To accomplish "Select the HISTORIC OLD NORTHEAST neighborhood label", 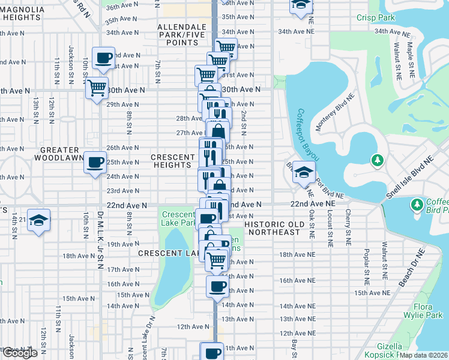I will (272, 227).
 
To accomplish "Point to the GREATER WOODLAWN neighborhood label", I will (60, 154).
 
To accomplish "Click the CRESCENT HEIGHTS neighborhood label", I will (174, 161).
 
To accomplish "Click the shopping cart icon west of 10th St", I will (96, 88).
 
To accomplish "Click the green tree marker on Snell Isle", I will (377, 160).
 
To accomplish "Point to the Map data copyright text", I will (423, 355).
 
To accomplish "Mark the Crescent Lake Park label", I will (179, 218).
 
